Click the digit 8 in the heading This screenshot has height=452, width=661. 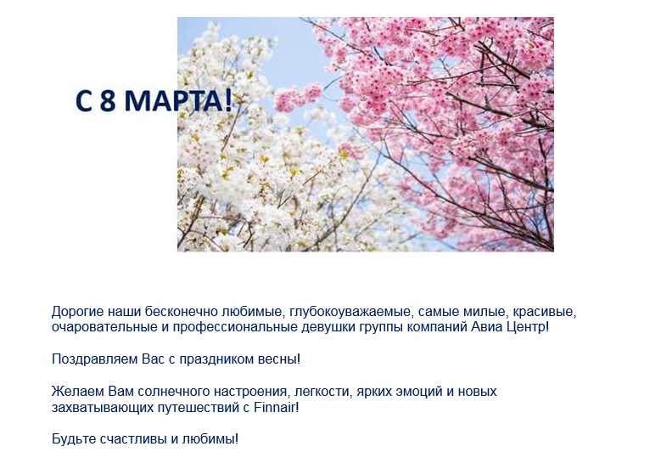[108, 101]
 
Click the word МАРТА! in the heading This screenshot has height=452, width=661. [179, 101]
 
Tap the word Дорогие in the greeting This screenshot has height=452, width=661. [77, 313]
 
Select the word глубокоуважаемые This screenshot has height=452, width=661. [350, 313]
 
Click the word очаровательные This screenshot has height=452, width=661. [104, 327]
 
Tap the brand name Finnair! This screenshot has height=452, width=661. [277, 407]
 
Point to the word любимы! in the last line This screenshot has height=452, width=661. [210, 439]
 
